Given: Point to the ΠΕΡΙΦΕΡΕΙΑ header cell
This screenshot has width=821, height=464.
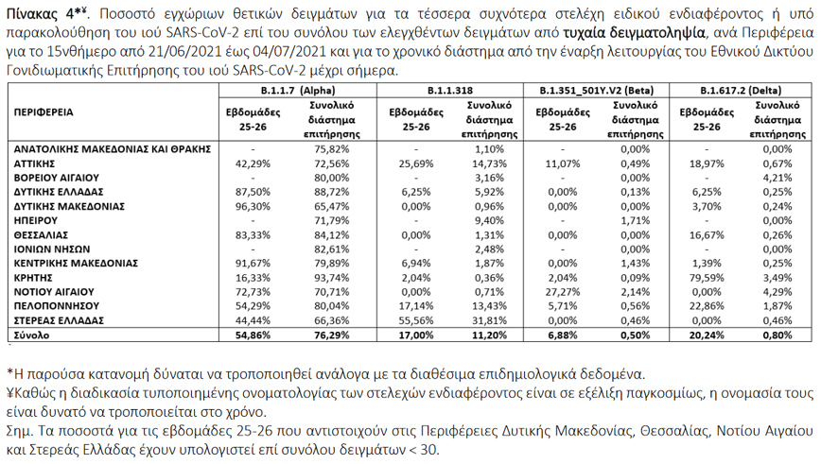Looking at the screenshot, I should pyautogui.click(x=45, y=112).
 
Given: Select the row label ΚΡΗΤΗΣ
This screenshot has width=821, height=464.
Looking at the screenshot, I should pyautogui.click(x=33, y=279).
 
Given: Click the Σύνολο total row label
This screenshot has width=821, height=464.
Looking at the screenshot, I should pyautogui.click(x=32, y=335).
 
